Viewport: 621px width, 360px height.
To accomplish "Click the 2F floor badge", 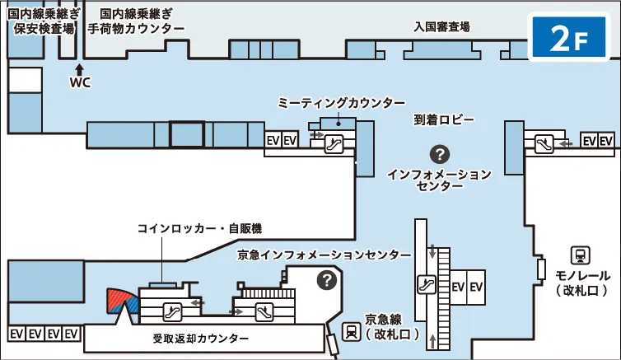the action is (569, 37).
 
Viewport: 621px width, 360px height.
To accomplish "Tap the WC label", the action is (80, 82).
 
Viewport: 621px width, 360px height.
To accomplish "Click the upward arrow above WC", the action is (80, 70).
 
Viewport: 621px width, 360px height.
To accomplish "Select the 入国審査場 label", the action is (441, 26).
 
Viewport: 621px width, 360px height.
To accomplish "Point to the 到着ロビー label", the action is (444, 119).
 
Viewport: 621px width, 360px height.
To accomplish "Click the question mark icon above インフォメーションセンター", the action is (440, 154).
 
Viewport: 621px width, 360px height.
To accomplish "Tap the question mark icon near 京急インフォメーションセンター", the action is (327, 280).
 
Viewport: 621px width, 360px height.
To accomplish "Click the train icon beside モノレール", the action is (580, 255).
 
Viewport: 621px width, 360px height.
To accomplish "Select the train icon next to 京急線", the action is (352, 331).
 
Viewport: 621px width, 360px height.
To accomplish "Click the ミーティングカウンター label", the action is (341, 103).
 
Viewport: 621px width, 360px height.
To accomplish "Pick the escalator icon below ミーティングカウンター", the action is (334, 143).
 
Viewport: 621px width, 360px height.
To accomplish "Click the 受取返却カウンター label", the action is (200, 339).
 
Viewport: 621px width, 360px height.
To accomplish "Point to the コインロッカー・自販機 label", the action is (199, 228).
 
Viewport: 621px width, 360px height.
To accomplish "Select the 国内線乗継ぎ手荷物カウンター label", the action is (136, 21).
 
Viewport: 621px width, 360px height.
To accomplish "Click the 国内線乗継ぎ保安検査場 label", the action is (44, 21).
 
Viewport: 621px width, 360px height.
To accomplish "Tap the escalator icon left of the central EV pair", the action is (427, 284).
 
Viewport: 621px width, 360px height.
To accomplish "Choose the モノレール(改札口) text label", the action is (581, 283).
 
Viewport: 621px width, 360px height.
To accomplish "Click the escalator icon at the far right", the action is (544, 144).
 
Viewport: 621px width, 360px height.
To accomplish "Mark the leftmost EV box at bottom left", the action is (16, 334).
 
